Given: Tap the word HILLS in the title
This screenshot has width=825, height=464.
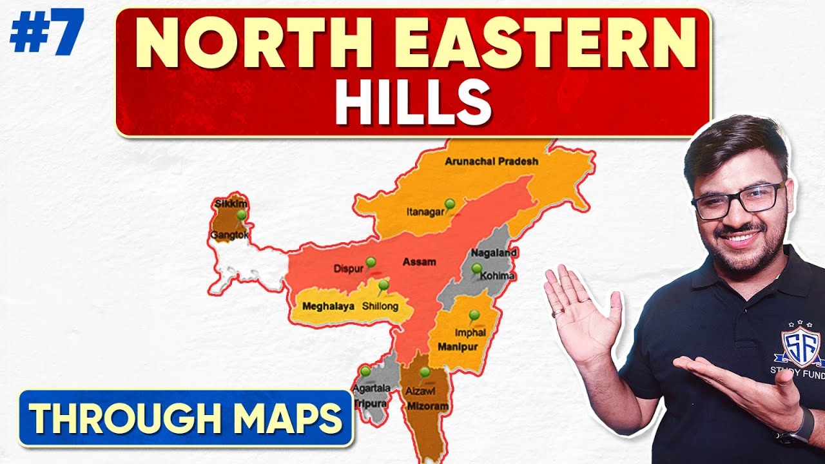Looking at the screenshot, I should click(x=412, y=103).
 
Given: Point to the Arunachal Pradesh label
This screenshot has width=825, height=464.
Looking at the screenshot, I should click(x=491, y=162).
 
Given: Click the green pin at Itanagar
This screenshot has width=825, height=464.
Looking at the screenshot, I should click(x=450, y=204).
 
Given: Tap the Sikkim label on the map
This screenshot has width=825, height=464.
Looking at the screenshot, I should click(x=231, y=204).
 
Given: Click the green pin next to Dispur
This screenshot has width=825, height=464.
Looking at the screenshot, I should click(x=371, y=262).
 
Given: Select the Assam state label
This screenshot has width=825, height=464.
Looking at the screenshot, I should click(x=419, y=262).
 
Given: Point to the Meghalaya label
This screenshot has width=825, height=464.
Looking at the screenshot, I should click(x=329, y=307).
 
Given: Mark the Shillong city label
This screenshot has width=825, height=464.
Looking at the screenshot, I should click(x=380, y=307).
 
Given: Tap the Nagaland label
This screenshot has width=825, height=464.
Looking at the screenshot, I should click(x=491, y=253).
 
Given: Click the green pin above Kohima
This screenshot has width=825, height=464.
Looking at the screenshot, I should click(x=476, y=268).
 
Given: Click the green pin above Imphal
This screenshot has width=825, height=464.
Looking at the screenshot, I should click(x=474, y=314).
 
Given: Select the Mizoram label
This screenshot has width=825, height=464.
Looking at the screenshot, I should click(x=427, y=407).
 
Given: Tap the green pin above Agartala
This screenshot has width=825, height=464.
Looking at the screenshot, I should click(x=365, y=371).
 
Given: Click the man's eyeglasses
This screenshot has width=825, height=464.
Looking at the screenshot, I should click(x=738, y=201).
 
